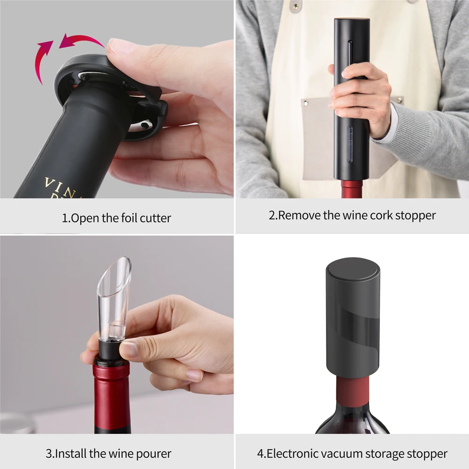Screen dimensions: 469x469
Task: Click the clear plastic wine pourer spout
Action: (113, 299)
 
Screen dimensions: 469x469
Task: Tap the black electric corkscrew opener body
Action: (352, 98)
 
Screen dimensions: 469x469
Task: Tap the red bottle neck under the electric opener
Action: (352, 189)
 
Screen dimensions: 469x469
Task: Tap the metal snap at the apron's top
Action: (296, 6)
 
